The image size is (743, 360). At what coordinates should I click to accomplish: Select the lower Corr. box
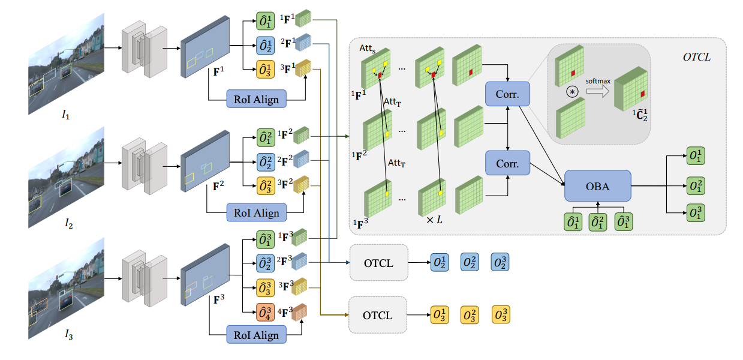click(x=508, y=163)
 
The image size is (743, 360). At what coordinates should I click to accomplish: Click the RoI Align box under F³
click(x=257, y=334)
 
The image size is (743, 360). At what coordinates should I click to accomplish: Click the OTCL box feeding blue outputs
click(x=378, y=263)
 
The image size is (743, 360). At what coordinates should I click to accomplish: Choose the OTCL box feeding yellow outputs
click(x=378, y=315)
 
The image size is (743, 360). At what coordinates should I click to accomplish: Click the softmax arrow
click(x=598, y=91)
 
